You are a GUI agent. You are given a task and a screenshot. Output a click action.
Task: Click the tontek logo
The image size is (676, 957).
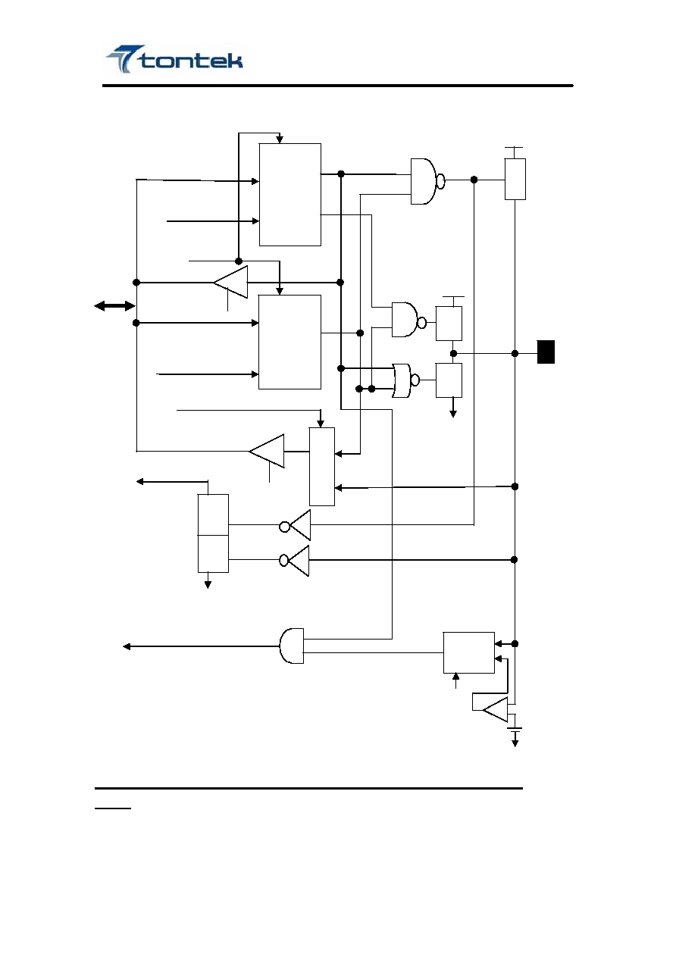point(174,59)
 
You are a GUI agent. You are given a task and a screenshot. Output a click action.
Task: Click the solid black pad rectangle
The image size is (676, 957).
point(546,352)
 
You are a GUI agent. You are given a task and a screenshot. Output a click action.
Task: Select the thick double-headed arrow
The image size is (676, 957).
point(114,306)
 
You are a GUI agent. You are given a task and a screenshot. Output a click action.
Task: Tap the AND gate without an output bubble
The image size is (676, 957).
point(292,646)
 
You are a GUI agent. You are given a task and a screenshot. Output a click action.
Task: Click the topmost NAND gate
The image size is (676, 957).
point(427,181)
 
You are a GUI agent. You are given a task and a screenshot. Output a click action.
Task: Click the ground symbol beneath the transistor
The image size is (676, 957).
point(515,736)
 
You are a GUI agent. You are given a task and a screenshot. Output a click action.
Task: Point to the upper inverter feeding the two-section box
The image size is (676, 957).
point(296,526)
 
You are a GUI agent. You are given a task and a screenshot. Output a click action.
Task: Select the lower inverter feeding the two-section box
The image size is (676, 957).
point(294,561)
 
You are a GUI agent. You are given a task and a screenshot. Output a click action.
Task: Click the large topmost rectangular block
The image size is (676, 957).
point(290,195)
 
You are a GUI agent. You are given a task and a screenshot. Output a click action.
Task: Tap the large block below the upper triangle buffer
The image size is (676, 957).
point(289,342)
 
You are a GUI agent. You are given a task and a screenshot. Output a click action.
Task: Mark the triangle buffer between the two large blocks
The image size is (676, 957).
point(230,282)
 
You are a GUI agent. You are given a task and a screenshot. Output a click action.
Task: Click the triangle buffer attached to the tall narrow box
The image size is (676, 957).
point(267,451)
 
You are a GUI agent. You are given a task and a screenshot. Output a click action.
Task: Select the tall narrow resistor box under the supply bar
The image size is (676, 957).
point(515,179)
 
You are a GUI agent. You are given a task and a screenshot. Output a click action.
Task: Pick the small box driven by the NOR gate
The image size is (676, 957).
point(449,380)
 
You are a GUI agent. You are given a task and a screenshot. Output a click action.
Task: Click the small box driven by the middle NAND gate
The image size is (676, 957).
point(449,324)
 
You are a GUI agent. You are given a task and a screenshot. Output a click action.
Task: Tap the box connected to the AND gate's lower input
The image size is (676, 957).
point(469,652)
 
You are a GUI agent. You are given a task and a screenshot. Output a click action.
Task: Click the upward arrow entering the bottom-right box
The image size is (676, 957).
point(456,681)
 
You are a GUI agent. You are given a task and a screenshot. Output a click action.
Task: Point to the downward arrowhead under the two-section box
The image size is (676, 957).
point(208,585)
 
